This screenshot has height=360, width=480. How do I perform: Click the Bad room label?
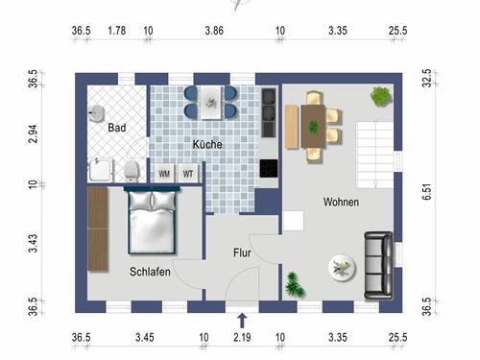point(117,128)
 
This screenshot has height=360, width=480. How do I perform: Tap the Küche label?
point(207,144)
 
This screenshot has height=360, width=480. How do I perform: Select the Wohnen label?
point(341,202)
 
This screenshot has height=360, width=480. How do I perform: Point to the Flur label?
point(242,252)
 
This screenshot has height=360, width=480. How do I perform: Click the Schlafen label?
point(150,272)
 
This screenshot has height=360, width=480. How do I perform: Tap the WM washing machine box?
point(164,174)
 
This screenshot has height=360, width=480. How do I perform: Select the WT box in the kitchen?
point(188,174)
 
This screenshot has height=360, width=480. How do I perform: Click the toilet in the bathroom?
point(132,170)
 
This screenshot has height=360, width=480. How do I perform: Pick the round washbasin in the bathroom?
point(96,113)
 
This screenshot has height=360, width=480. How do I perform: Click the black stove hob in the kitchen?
point(269,169)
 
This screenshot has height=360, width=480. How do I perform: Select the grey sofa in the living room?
point(378,266)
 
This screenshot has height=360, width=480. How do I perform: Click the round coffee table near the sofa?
point(342,268)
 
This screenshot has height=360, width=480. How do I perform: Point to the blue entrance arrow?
point(242,321)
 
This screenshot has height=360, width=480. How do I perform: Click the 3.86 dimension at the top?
point(214,31)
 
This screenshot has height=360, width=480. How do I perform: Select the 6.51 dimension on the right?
point(427,192)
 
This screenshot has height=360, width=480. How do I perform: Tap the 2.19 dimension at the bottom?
point(242,337)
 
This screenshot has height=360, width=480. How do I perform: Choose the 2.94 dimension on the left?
point(33,133)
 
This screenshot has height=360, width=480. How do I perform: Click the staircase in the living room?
point(375,156)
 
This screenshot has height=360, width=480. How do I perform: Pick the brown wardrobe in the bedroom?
point(98,229)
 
